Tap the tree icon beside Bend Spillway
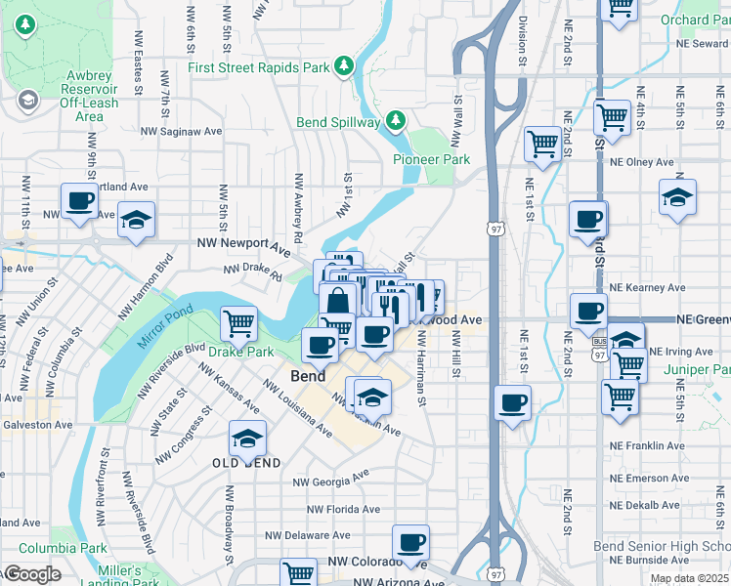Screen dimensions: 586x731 [396, 122]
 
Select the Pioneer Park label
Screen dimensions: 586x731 [431, 159]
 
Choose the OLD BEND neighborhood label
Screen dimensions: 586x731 [247, 463]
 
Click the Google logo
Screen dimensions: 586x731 [31, 574]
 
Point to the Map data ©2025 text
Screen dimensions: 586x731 [690, 578]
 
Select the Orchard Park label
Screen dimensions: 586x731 [698, 20]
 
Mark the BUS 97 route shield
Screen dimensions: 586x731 [598, 341]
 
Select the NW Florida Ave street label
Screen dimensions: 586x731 [343, 509]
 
